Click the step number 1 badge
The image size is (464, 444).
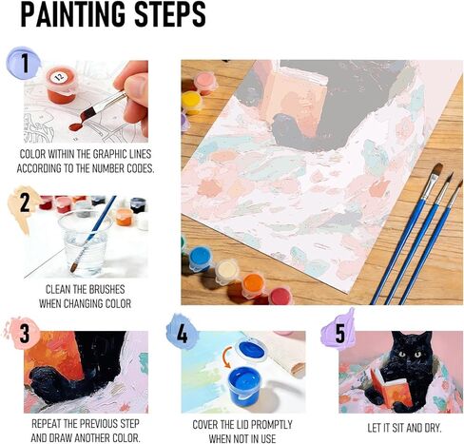(24, 65)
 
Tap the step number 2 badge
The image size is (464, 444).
(23, 202)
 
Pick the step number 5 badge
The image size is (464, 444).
(337, 332)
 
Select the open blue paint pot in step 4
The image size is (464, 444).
(251, 385)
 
